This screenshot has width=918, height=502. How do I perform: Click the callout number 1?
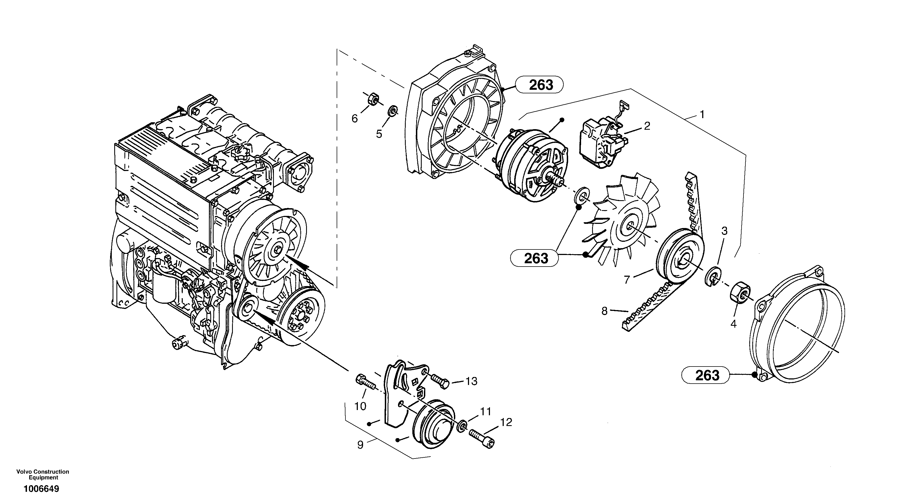702,115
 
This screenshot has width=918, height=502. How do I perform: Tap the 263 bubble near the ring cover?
707,375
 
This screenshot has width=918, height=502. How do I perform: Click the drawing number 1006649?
41,489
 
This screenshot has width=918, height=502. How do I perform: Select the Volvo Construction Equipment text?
43,474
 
